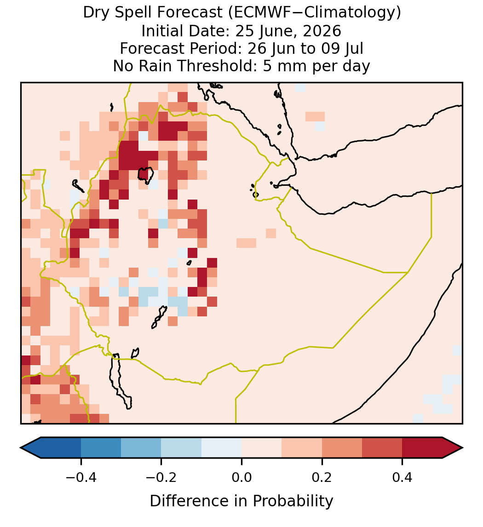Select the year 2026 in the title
[x=322, y=31]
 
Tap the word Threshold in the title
[x=217, y=66]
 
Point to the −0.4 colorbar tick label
[x=81, y=477]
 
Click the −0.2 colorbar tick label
[x=161, y=477]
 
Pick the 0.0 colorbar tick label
[x=241, y=477]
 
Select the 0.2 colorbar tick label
[x=322, y=477]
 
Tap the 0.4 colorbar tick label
[x=402, y=477]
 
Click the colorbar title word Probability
[x=293, y=501]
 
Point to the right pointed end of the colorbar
[x=462, y=448]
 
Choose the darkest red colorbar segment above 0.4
[x=422, y=448]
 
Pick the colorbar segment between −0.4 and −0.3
[x=101, y=448]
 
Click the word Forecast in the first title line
[x=190, y=13]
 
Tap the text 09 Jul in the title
[x=342, y=48]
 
